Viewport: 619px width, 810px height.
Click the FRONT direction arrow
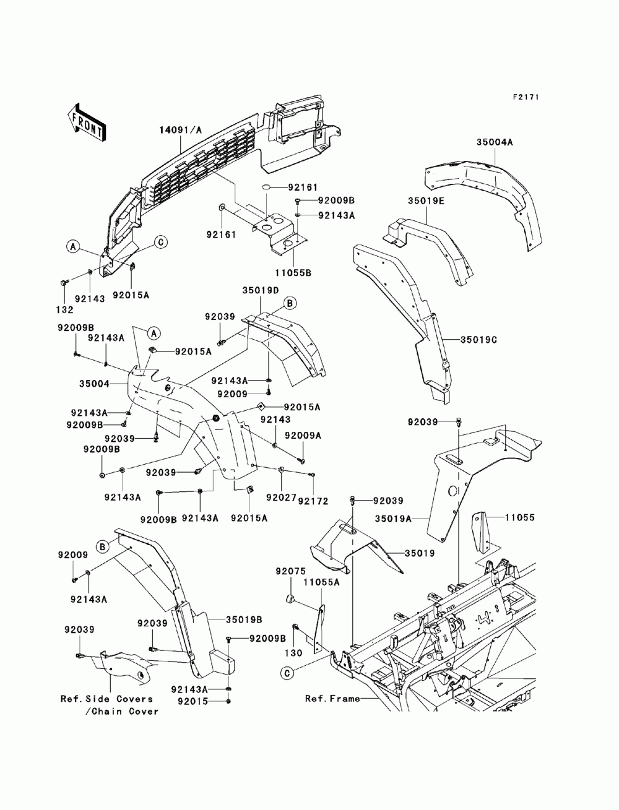click(x=87, y=121)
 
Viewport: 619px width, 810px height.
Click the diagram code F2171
click(x=526, y=97)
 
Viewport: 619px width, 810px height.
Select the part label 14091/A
click(x=181, y=130)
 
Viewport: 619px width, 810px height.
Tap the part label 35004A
click(x=494, y=142)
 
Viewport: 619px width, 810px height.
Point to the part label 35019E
click(x=426, y=201)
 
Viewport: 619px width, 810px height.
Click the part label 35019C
click(x=478, y=340)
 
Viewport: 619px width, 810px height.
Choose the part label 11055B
click(x=293, y=273)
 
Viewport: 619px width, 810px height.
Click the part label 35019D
click(x=260, y=290)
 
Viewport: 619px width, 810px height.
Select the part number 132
click(x=64, y=310)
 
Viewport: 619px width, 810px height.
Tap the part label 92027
click(x=281, y=498)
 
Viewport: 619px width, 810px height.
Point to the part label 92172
click(x=313, y=501)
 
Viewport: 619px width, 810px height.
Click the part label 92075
click(x=290, y=572)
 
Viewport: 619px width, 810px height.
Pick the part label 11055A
click(x=321, y=583)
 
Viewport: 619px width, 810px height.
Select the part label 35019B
click(x=244, y=619)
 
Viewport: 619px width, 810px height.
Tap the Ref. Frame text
click(x=332, y=699)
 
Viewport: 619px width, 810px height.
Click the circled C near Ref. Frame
click(x=287, y=673)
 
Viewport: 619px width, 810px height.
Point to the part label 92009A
click(x=303, y=436)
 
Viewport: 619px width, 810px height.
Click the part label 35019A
click(x=393, y=519)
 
